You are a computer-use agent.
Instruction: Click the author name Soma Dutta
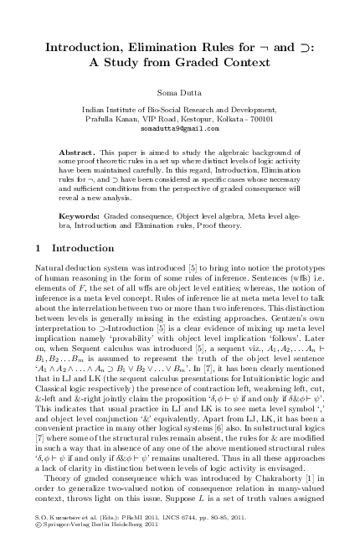[180, 92]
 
